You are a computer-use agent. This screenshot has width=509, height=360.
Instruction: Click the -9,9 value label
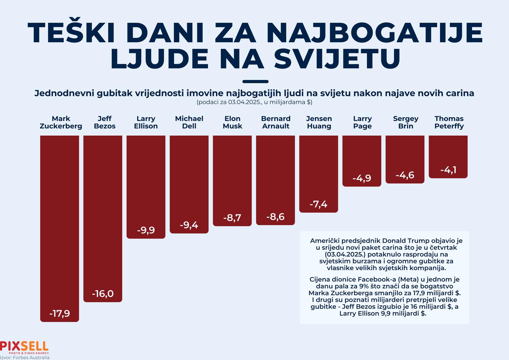pos(146,230)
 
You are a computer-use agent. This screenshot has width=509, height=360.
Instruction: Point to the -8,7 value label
pos(232,218)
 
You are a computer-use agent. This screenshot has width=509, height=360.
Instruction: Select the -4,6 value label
pos(405,175)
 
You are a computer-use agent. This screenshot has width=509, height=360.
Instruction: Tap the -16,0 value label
pos(103,294)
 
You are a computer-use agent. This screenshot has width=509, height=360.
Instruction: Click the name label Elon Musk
pos(232,122)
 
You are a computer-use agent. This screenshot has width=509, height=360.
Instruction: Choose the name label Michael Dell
pos(189,122)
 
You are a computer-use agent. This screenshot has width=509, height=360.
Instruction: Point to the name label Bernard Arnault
pos(276,122)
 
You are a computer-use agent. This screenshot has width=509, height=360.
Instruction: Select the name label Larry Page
pos(362,122)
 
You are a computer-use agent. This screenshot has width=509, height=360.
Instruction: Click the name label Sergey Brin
pos(405,122)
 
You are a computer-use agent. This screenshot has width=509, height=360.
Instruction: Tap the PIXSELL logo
pos(24,347)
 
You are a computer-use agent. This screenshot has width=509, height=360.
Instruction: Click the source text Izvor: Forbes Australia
pos(25,358)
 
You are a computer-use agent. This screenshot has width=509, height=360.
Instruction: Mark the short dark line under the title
pos(255,81)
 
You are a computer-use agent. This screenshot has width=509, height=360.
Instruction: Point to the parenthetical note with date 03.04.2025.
pos(254,102)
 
